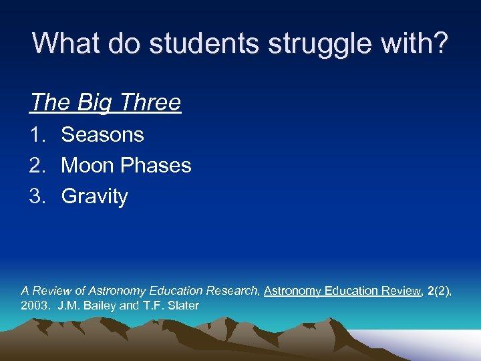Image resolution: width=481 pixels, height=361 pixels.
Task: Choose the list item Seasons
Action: (102, 134)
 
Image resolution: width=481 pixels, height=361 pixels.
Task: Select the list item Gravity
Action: (94, 197)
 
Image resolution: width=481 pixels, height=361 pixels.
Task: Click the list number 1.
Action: (37, 134)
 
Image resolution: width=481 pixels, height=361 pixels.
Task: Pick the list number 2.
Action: (37, 165)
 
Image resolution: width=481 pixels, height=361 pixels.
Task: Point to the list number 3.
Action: (37, 197)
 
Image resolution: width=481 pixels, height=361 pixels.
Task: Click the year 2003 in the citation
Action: (35, 306)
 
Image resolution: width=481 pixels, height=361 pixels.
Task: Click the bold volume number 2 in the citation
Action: (431, 291)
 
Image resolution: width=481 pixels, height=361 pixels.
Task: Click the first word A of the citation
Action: (25, 291)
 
